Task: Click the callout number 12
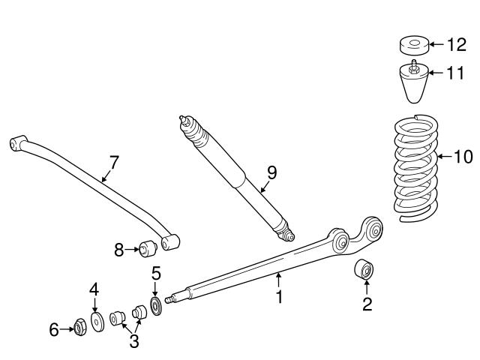pos(455,45)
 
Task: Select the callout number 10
pos(463,157)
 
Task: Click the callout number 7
pos(114,161)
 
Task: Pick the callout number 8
pos(118,249)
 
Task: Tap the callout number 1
pos(278,297)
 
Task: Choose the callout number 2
pos(367,304)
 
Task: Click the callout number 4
pos(94,288)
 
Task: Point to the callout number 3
pos(134,342)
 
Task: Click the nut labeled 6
pos(79,327)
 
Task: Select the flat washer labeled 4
pos(97,322)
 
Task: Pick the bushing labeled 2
pos(365,269)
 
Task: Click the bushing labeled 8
pos(146,247)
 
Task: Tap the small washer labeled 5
pos(156,307)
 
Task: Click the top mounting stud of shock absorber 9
pos(182,118)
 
